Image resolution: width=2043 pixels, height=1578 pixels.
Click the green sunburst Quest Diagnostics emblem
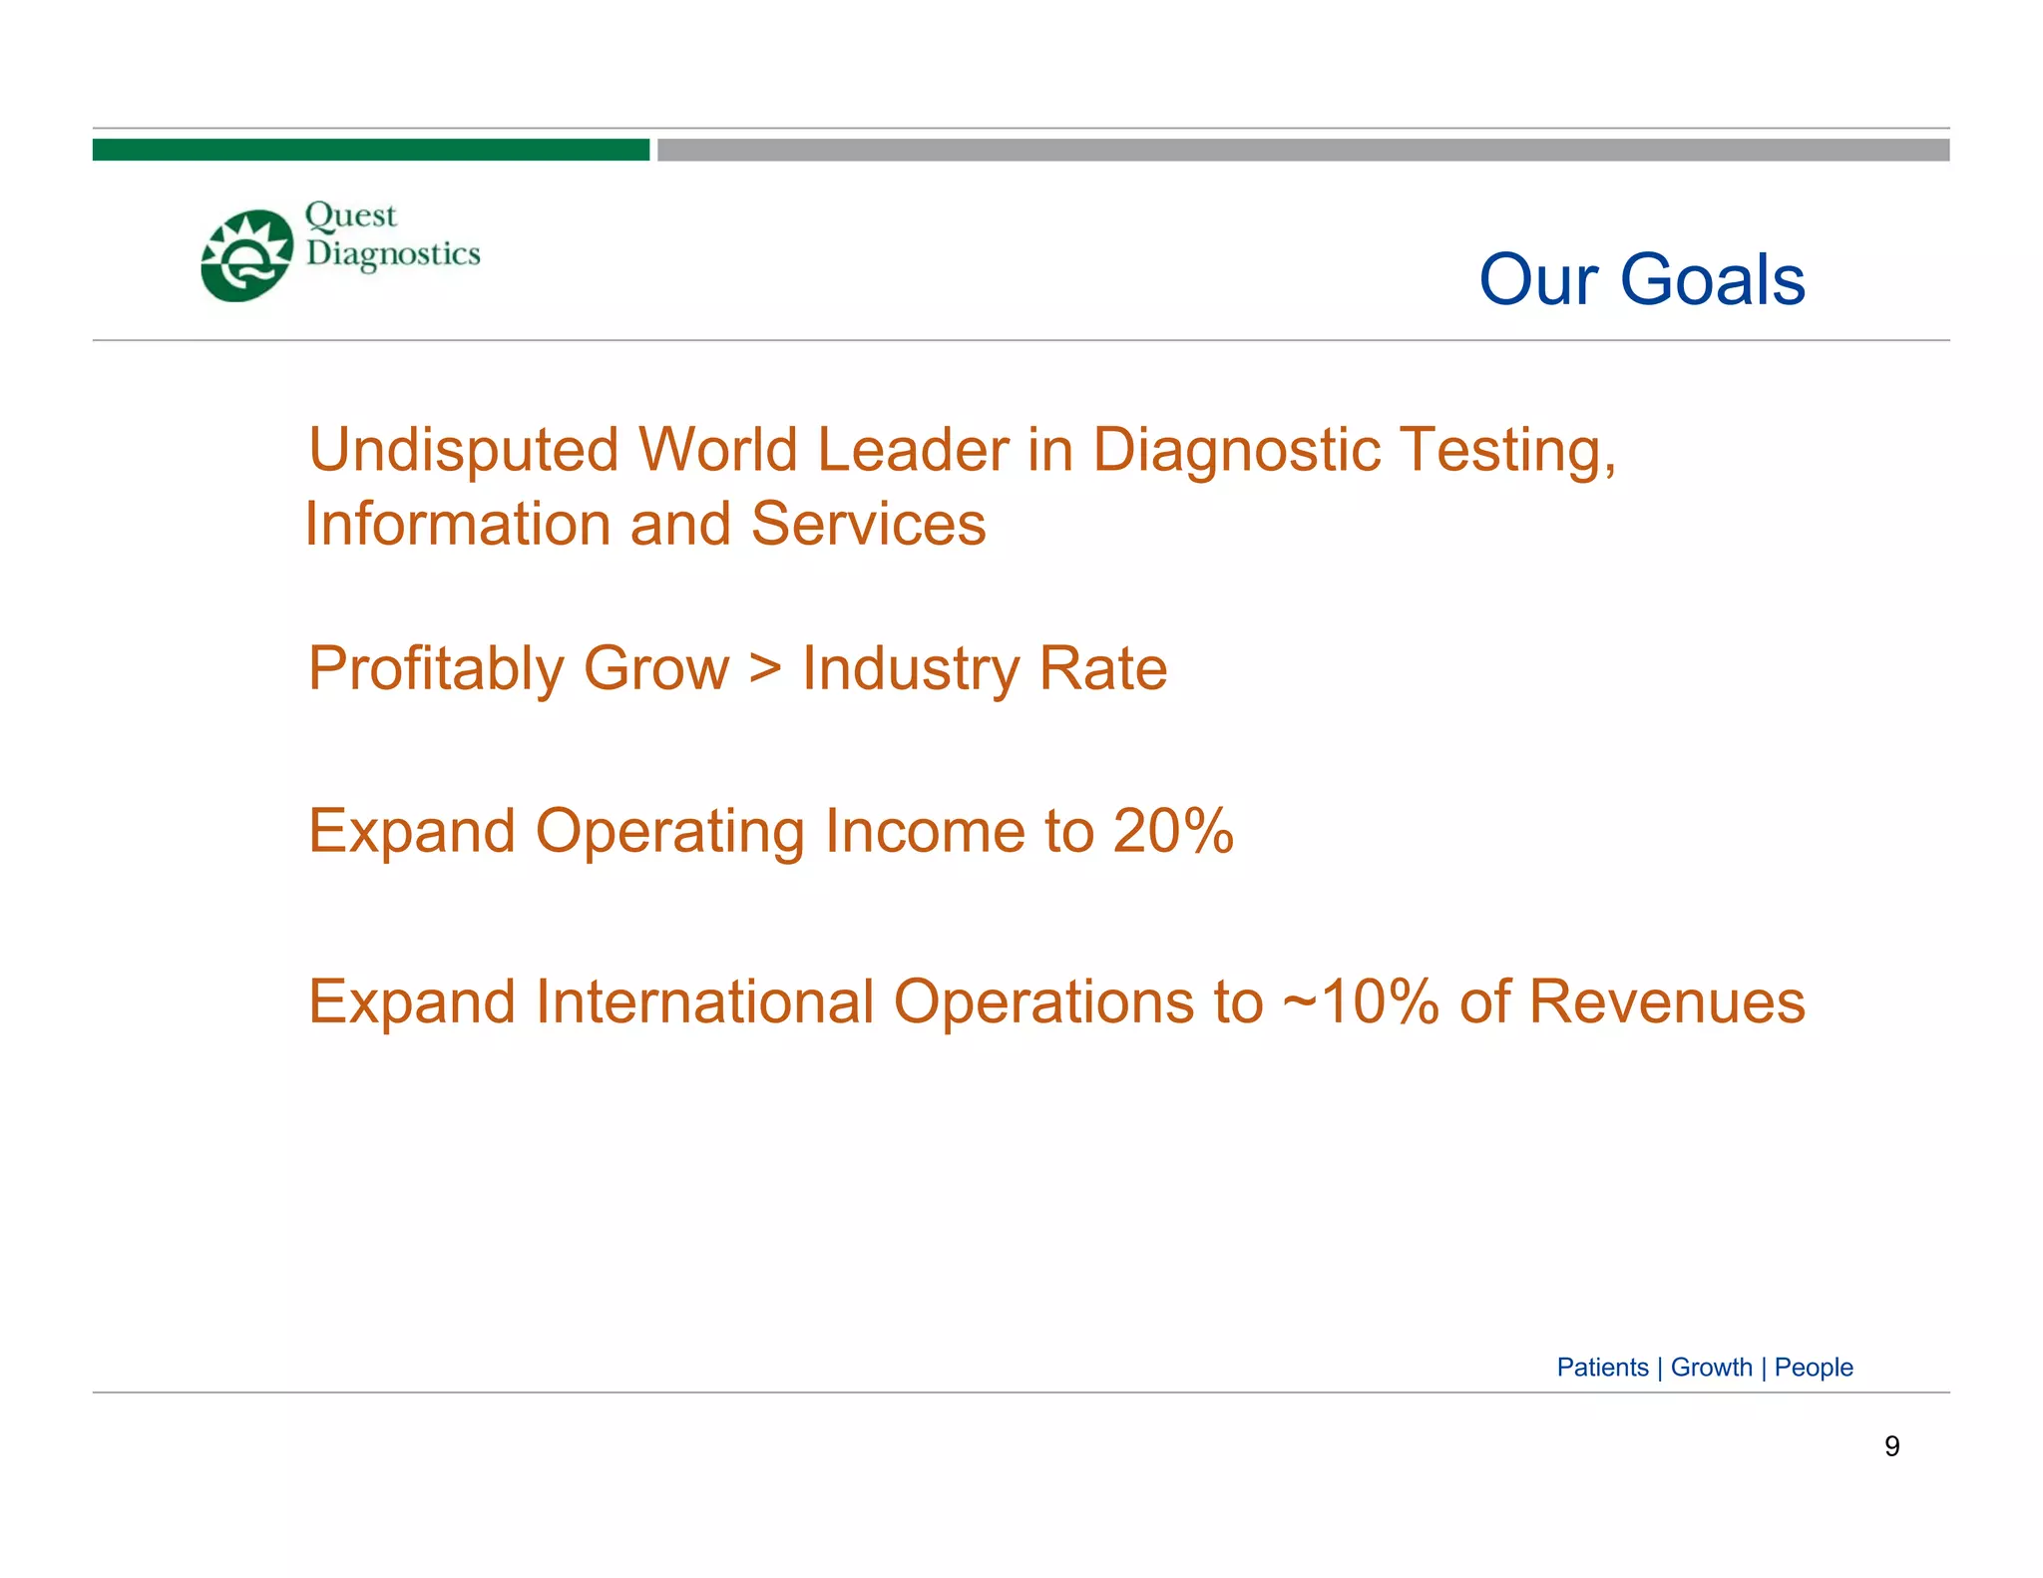pos(246,255)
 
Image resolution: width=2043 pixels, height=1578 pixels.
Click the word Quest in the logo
pos(350,215)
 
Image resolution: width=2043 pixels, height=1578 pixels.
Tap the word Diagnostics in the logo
pos(393,255)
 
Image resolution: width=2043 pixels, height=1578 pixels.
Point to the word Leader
pos(913,450)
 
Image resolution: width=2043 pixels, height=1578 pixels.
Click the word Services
pos(868,525)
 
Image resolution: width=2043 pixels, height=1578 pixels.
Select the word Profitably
pos(435,668)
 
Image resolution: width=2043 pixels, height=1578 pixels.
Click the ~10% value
pos(1360,1001)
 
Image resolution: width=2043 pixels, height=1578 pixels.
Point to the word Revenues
pos(1667,1001)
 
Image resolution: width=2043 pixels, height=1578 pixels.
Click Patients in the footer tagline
pos(1602,1368)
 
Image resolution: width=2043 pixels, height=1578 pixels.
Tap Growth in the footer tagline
pos(1711,1368)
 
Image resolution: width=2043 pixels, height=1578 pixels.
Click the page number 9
pos(1891,1446)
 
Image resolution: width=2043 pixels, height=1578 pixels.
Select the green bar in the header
pos(370,150)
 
